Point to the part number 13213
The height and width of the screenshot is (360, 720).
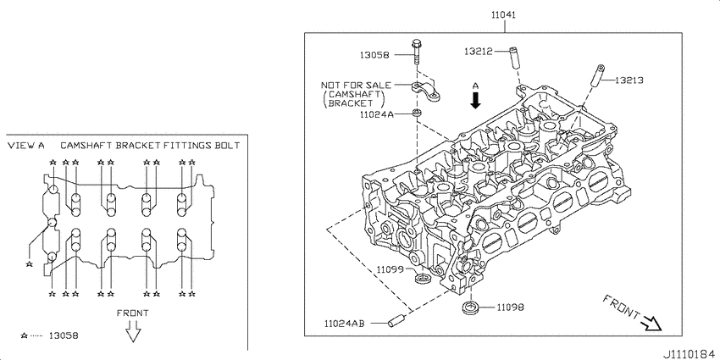click(x=629, y=80)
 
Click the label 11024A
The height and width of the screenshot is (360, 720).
click(x=376, y=114)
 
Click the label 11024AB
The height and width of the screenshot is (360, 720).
click(x=345, y=324)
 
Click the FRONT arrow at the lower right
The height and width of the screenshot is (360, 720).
click(x=651, y=323)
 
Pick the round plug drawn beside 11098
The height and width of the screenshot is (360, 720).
click(x=471, y=305)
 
